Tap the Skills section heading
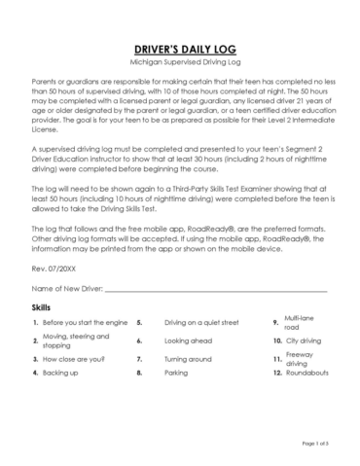(x=42, y=306)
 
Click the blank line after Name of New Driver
(x=215, y=290)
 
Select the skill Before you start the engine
(x=85, y=322)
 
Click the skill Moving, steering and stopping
(x=77, y=341)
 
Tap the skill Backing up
(x=60, y=372)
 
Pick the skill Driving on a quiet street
(x=201, y=322)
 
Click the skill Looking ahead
(x=188, y=341)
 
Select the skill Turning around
(x=189, y=358)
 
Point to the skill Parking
(x=176, y=372)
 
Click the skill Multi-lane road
(x=300, y=322)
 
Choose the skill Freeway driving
(x=300, y=358)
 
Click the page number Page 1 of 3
(x=315, y=444)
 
